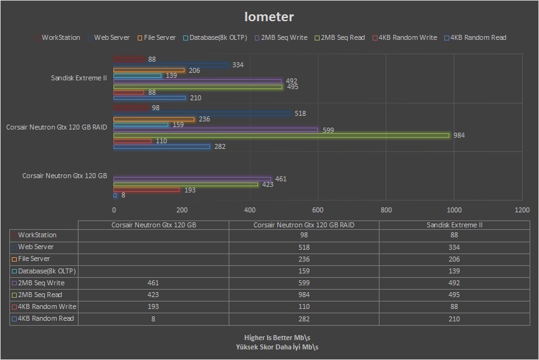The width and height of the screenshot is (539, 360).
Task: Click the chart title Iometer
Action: pos(269,17)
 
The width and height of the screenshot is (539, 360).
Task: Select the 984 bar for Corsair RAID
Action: pos(281,135)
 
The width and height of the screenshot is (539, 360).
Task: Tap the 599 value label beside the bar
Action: pos(329,130)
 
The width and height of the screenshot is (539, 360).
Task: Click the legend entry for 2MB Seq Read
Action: pos(342,37)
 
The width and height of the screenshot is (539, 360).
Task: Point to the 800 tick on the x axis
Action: pos(386,210)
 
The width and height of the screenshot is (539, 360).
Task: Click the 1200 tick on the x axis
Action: pos(522,210)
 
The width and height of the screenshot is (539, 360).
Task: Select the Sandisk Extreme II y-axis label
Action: pos(79,78)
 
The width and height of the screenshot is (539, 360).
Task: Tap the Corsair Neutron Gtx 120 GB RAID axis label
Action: pos(57,127)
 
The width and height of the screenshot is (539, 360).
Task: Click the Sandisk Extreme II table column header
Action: pos(454,225)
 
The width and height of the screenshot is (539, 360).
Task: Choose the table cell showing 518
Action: pos(304,247)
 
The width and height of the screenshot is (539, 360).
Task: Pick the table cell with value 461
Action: pos(153,283)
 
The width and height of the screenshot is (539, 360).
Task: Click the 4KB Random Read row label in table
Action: pos(46,318)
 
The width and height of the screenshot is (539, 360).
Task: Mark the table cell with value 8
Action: pos(153,318)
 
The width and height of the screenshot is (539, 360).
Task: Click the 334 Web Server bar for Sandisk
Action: pos(171,65)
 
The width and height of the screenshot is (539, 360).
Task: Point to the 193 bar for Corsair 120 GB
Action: pos(146,190)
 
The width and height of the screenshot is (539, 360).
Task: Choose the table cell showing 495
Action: pos(454,295)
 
